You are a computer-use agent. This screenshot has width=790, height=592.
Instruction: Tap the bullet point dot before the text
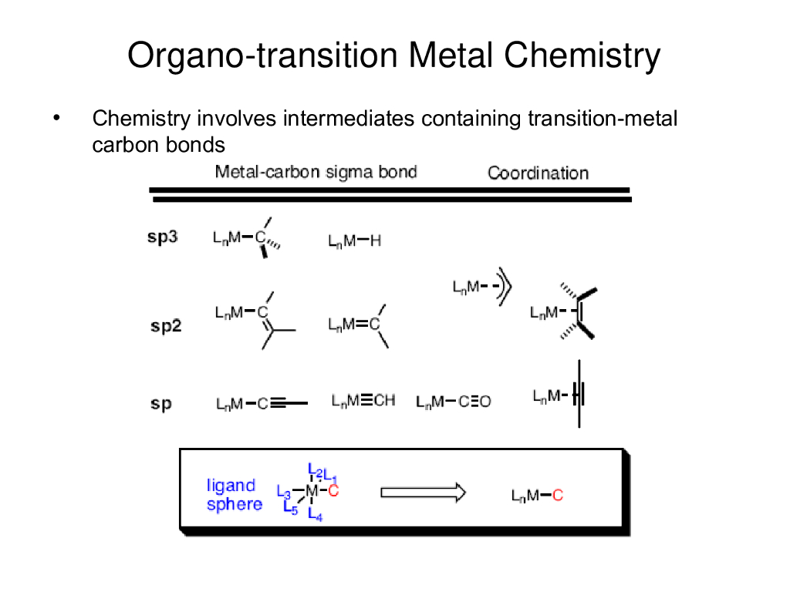pyautogui.click(x=56, y=119)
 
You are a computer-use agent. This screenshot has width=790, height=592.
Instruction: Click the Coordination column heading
pyautogui.click(x=538, y=173)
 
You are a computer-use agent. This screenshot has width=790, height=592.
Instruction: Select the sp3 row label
pyautogui.click(x=163, y=237)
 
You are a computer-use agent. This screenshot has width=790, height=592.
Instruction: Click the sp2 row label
pyautogui.click(x=165, y=325)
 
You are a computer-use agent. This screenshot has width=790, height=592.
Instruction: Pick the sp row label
pyautogui.click(x=161, y=402)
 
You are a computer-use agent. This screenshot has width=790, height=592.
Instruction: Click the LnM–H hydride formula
pyautogui.click(x=354, y=241)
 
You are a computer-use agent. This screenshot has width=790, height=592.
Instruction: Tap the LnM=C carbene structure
pyautogui.click(x=356, y=325)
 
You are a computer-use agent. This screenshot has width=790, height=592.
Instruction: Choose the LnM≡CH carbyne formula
pyautogui.click(x=363, y=400)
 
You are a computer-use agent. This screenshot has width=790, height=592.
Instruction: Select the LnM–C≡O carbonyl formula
pyautogui.click(x=453, y=402)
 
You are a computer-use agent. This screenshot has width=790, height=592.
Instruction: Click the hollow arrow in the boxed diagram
pyautogui.click(x=424, y=492)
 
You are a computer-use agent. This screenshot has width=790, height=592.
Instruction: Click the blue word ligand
pyautogui.click(x=231, y=486)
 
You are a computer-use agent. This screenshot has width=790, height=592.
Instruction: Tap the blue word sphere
pyautogui.click(x=235, y=504)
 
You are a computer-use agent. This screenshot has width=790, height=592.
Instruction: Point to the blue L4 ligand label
pyautogui.click(x=314, y=515)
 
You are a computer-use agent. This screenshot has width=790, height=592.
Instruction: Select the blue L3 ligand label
pyautogui.click(x=283, y=491)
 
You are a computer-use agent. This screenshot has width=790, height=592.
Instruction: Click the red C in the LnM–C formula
pyautogui.click(x=558, y=496)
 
